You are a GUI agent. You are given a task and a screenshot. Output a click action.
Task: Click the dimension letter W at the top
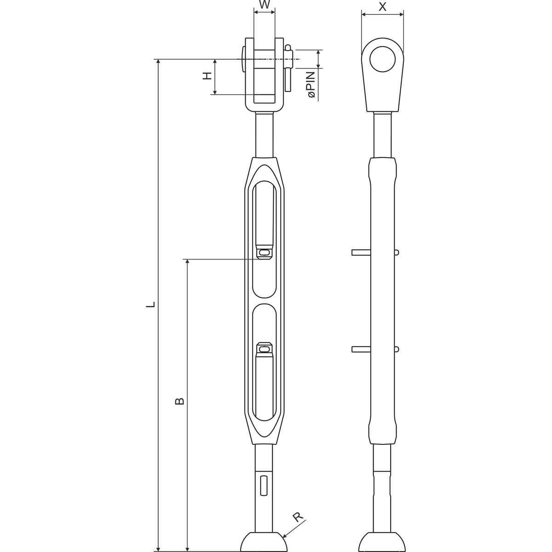tap(264, 5)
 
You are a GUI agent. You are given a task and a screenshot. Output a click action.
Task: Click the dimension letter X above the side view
tap(382, 6)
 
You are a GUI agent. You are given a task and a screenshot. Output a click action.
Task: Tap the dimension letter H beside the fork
tap(207, 76)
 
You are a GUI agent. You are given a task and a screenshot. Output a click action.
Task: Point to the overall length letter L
tap(150, 304)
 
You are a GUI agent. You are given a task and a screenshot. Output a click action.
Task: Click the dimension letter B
tap(179, 401)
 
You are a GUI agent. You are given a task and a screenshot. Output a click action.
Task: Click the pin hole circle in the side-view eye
tap(382, 59)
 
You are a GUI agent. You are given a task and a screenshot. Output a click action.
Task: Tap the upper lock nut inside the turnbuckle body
tap(264, 253)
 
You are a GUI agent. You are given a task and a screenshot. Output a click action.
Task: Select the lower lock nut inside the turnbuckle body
tap(264, 349)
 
